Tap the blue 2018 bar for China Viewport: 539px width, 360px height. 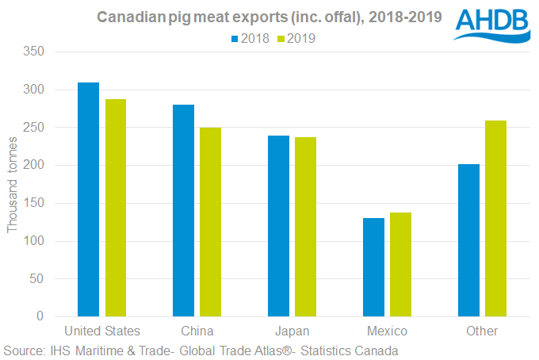(x=183, y=210)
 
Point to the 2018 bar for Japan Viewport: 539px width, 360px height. (x=278, y=226)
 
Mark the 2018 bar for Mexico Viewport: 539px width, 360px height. (x=373, y=267)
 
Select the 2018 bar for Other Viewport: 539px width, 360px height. (x=468, y=240)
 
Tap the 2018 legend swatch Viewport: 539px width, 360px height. (x=235, y=37)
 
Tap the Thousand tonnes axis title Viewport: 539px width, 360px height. (x=12, y=184)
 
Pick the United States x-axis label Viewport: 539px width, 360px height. (x=101, y=331)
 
